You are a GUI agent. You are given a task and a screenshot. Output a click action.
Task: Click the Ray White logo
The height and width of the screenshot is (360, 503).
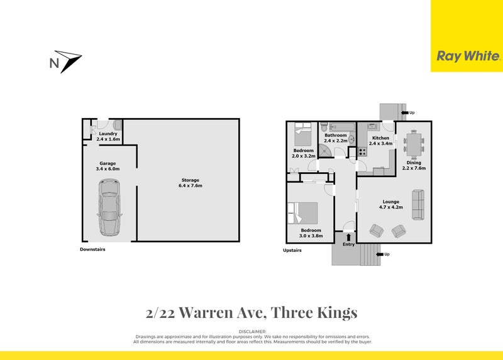pos(468,57)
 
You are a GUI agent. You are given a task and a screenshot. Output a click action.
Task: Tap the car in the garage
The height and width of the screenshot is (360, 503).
pos(109,207)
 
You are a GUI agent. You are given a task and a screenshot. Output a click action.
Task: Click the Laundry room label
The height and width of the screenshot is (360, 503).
pos(108,133)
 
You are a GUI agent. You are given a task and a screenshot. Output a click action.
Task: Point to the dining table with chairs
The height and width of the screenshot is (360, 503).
pos(413,144)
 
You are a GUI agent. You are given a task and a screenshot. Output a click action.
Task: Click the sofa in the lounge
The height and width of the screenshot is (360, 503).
pos(418,204)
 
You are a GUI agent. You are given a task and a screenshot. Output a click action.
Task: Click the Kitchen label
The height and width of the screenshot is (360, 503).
pos(381,138)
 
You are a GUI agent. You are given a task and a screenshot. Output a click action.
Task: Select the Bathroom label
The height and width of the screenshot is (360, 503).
pos(336,135)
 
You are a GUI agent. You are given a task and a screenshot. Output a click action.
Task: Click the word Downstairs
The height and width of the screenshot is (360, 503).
pos(92,249)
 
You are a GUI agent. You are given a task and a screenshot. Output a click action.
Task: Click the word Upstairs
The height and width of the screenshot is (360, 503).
pos(292,250)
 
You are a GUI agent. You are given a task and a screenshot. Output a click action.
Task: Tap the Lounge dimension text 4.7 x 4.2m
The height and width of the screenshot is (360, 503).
pos(390,207)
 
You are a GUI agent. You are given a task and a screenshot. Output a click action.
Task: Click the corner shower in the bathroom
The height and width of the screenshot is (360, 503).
pos(327,151)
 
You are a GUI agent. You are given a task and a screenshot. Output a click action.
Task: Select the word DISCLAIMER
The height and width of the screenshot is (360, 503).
pos(252,330)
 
